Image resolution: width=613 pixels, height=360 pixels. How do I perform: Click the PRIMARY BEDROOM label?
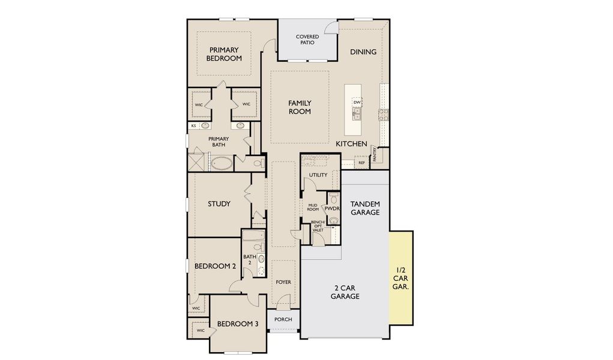pos(224,54)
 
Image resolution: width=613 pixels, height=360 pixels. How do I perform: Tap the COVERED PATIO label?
pos(307,40)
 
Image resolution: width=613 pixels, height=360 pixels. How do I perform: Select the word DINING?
pos(363,52)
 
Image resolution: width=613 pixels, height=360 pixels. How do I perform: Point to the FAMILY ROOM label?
pos(300,107)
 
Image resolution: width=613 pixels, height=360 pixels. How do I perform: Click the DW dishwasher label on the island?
pos(357,103)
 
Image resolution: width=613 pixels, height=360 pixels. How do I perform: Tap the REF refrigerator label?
pos(361,163)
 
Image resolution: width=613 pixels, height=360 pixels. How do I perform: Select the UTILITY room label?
pos(318,175)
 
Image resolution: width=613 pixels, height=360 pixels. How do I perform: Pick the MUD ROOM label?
pos(313,207)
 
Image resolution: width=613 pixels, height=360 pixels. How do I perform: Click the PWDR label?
pos(332,209)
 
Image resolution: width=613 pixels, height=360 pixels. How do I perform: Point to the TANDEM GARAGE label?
pos(365,208)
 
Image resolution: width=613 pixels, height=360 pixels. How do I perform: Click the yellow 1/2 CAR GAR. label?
pos(400,278)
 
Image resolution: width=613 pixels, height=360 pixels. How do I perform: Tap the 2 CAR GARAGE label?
pos(345,292)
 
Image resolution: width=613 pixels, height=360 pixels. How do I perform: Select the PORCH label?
pos(283,319)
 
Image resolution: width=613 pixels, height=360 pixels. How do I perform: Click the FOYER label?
pos(283,282)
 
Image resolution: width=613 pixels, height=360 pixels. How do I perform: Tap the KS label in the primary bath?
pos(193,126)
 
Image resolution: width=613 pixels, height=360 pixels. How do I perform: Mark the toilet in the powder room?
pos(334,199)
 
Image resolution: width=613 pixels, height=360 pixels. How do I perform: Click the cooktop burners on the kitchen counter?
pos(382,113)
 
